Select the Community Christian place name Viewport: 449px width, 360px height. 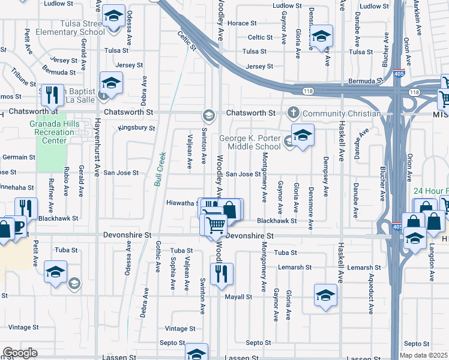[x=342, y=113]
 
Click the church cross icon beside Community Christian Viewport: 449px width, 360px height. [x=294, y=113]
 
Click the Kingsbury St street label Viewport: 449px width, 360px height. [x=137, y=128]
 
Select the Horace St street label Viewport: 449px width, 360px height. [x=243, y=23]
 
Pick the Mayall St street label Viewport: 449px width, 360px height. [x=238, y=297]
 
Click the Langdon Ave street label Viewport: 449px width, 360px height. [x=431, y=263]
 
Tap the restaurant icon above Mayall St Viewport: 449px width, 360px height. [x=221, y=274]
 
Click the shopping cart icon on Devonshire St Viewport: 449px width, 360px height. [x=215, y=224]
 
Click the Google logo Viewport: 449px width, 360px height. [x=20, y=353]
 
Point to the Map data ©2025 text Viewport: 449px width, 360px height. [x=424, y=355]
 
